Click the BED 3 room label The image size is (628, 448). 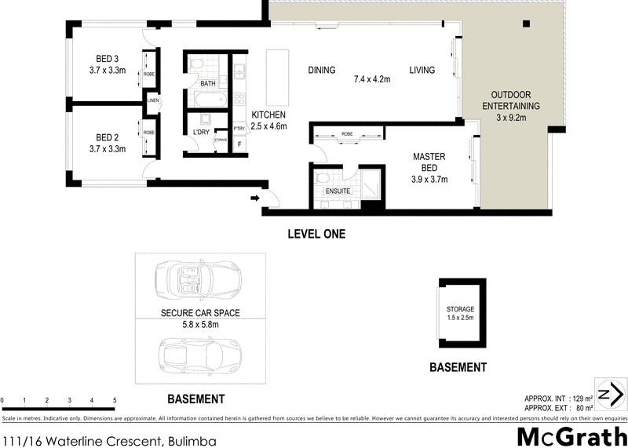pyautogui.click(x=108, y=58)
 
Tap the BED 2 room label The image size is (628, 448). pyautogui.click(x=108, y=136)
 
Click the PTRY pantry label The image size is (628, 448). pyautogui.click(x=239, y=129)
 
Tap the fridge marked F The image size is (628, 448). pyautogui.click(x=239, y=145)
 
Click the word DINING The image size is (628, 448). pyautogui.click(x=322, y=71)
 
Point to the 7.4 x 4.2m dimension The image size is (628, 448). pyautogui.click(x=372, y=79)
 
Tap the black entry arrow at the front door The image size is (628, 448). pyautogui.click(x=254, y=199)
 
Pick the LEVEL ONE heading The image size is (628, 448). pyautogui.click(x=316, y=234)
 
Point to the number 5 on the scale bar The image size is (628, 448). pyautogui.click(x=115, y=401)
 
